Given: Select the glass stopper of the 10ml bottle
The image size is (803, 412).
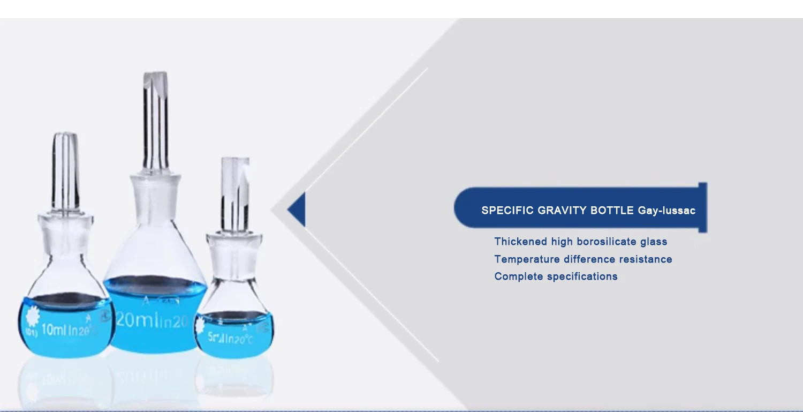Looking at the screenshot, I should (x=66, y=171).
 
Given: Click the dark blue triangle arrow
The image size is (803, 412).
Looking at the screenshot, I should (x=298, y=209).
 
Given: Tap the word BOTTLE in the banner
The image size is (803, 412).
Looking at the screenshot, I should (x=612, y=211).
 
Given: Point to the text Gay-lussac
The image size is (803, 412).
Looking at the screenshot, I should (x=666, y=211).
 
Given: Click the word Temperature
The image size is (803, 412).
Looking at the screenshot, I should (x=527, y=259).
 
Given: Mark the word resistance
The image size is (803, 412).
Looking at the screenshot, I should (x=646, y=259).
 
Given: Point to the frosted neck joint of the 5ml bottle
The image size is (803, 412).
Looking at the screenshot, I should (x=234, y=252).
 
